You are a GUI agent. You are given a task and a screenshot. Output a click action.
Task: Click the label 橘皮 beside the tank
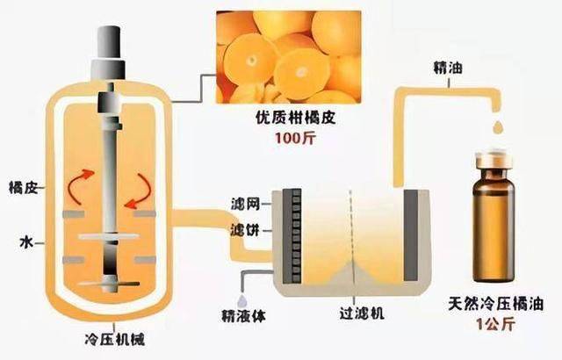(19, 187)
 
